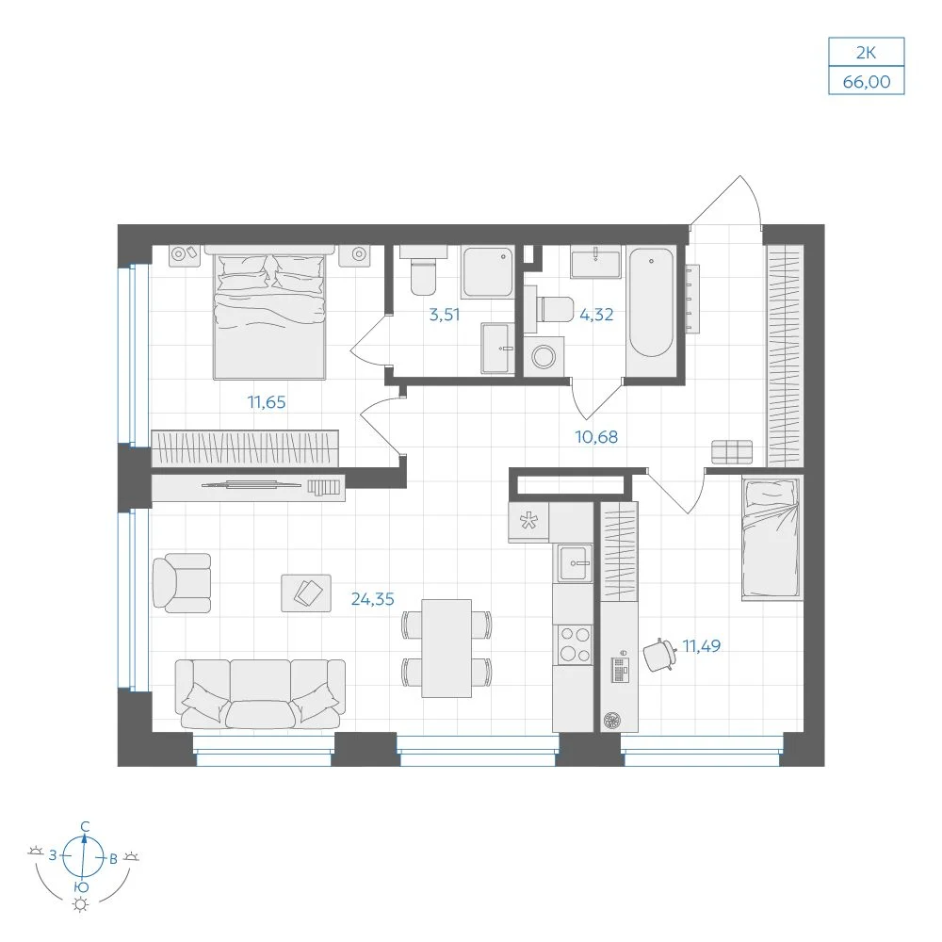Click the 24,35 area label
(372, 599)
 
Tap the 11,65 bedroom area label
(267, 402)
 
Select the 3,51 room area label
(444, 315)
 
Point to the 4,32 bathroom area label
(596, 315)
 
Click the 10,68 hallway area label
(596, 437)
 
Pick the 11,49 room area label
(701, 646)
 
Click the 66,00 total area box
(867, 80)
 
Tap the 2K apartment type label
(867, 53)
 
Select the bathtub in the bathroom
(651, 302)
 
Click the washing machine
(544, 356)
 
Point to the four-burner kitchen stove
(575, 644)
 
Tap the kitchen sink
(575, 563)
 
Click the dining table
(447, 648)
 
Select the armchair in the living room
(182, 583)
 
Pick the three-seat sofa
(260, 694)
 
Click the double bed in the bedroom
(269, 313)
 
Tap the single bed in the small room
(771, 538)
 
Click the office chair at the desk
(659, 655)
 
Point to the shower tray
(488, 272)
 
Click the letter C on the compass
(86, 827)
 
